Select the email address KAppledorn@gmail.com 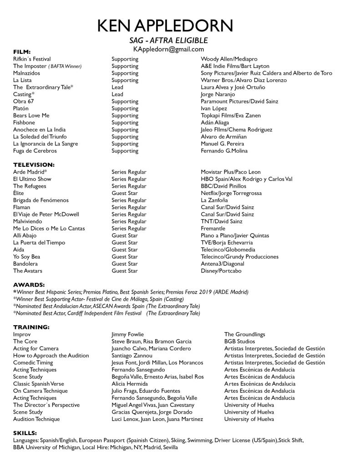tap(168, 49)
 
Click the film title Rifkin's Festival tap(32, 59)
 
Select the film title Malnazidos tap(26, 73)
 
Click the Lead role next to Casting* tap(117, 94)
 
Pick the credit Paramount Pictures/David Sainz tap(239, 101)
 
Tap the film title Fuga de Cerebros tap(35, 151)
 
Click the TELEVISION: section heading tap(34, 164)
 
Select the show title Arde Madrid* tap(30, 172)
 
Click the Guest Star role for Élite tap(124, 193)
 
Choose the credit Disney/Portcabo tap(221, 271)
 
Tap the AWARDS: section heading tap(29, 284)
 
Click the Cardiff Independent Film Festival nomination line tap(106, 313)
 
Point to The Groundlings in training tap(244, 334)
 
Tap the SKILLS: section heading tap(25, 433)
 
